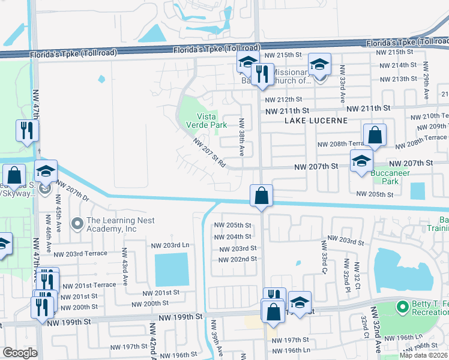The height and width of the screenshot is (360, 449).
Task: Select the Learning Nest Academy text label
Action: tap(120, 224)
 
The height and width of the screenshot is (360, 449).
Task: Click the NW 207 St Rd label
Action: tap(209, 153)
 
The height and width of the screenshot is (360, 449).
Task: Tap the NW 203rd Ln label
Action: tap(170, 245)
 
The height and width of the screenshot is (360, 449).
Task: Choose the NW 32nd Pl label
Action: tap(346, 272)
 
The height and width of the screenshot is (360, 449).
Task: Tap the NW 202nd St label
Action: tap(238, 259)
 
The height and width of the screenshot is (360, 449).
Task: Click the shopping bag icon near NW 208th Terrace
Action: tap(375, 136)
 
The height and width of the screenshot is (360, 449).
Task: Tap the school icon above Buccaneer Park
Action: tap(361, 161)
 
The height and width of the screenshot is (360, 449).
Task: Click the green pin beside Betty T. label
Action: tap(403, 308)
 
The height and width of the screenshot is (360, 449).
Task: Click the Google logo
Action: tap(20, 353)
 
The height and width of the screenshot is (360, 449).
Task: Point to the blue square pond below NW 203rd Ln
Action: tap(172, 269)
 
